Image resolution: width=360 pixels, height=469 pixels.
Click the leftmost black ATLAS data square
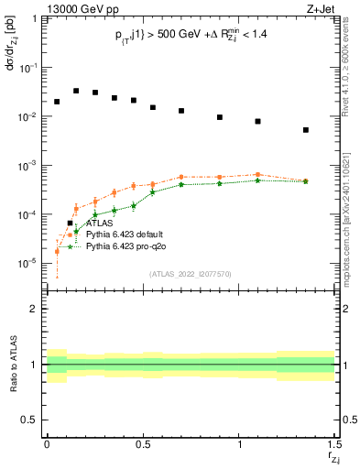pyautogui.click(x=57, y=102)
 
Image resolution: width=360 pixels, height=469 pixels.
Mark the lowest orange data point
pyautogui.click(x=57, y=251)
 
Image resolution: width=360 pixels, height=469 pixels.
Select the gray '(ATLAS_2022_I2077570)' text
pyautogui.click(x=191, y=273)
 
